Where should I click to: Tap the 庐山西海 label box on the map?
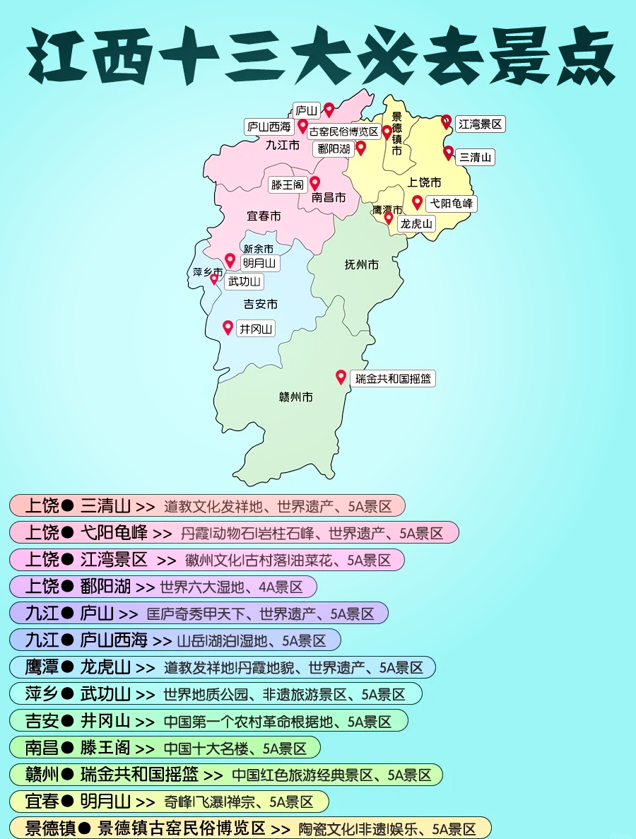pos(269,127)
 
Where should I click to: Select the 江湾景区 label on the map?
pos(480,124)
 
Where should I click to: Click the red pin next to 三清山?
pos(448,152)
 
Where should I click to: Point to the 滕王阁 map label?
pos(287,185)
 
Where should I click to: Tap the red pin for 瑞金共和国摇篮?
pos(341,377)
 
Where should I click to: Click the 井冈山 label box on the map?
pos(256,329)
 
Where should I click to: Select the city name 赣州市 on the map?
pos(295,397)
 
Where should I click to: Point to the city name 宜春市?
pos(264,216)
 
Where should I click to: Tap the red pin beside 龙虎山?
pos(389,218)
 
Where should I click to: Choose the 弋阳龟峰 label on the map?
pos(452,204)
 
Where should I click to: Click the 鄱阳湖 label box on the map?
pos(334,149)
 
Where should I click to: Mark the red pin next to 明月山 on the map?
pos(230,260)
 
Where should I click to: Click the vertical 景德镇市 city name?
pos(396,134)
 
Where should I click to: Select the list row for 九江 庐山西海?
pos(175,640)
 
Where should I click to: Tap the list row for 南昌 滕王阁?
pos(165,748)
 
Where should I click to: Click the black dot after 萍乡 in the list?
pos(68,694)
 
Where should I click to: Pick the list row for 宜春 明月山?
pos(169,802)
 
